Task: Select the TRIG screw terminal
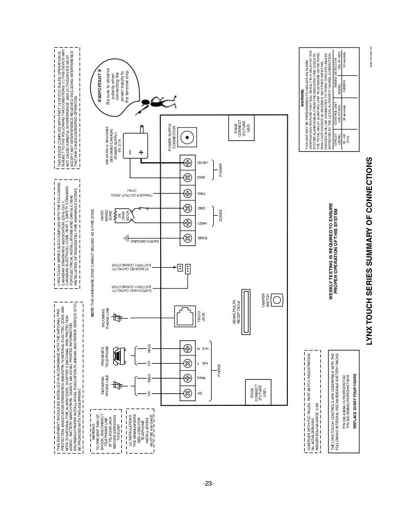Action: coord(188,193)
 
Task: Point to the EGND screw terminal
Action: coord(188,238)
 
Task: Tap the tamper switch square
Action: coord(278,299)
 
